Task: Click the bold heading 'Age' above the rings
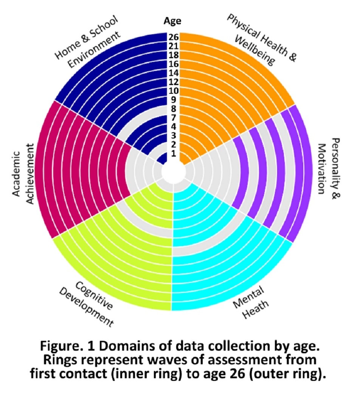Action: (172, 21)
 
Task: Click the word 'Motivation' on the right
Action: (322, 168)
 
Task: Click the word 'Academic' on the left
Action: (16, 170)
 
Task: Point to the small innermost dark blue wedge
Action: (162, 158)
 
